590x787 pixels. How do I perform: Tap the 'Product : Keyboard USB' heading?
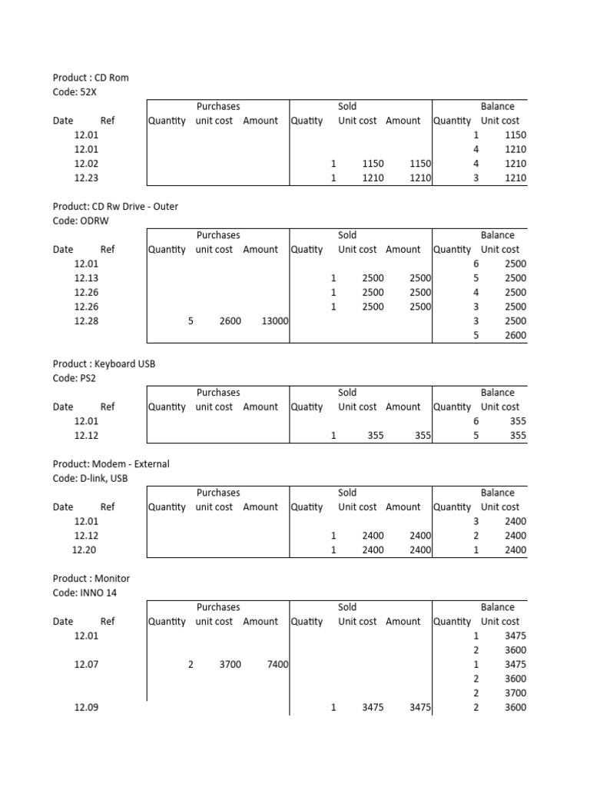coord(104,364)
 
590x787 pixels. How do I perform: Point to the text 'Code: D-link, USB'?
coord(90,478)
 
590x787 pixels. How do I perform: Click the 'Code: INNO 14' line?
coord(85,593)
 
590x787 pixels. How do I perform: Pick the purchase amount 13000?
coord(274,321)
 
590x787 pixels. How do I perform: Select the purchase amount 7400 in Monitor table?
coord(277,664)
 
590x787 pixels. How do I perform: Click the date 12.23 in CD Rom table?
coord(86,178)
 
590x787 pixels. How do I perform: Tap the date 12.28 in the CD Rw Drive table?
coord(86,321)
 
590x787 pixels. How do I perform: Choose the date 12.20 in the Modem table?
coord(84,550)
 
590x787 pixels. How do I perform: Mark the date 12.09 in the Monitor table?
coord(86,707)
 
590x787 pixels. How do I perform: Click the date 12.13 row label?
coord(86,277)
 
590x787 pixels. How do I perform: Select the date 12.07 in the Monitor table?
coord(86,664)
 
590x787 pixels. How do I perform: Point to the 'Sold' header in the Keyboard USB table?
coord(347,393)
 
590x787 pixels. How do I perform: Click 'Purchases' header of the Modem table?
coord(218,493)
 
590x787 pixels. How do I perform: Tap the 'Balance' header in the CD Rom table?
coord(497,107)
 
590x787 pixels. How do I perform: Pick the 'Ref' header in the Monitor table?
coord(108,621)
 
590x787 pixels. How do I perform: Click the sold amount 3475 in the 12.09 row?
coord(419,707)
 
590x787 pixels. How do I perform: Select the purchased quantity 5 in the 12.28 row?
coord(191,321)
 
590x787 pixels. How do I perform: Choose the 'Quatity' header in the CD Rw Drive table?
coord(307,249)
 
